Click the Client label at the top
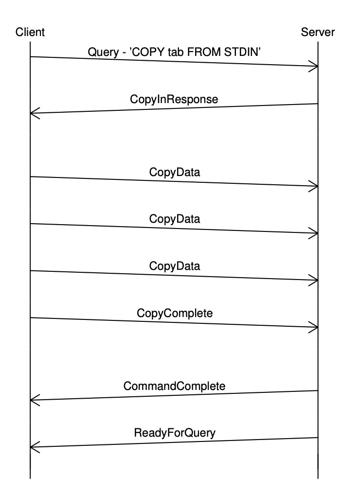point(30,33)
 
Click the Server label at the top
point(318,33)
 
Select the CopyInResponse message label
point(174,99)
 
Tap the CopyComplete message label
point(174,313)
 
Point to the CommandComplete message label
point(174,386)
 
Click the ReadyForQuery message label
point(174,432)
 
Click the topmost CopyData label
point(174,172)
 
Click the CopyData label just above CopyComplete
point(174,266)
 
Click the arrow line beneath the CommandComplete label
point(174,395)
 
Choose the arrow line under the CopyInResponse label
point(174,108)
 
